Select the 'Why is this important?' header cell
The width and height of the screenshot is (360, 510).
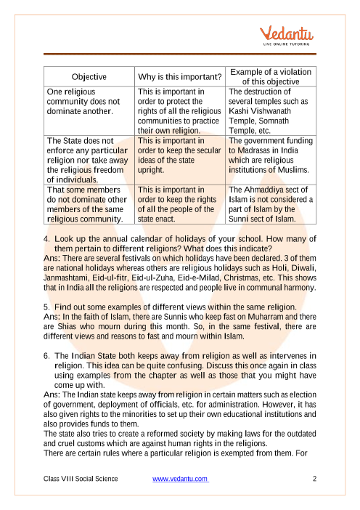(180, 77)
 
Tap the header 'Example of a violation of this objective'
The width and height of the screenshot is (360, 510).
(270, 77)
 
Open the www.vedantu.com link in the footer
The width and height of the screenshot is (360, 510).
(181, 479)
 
